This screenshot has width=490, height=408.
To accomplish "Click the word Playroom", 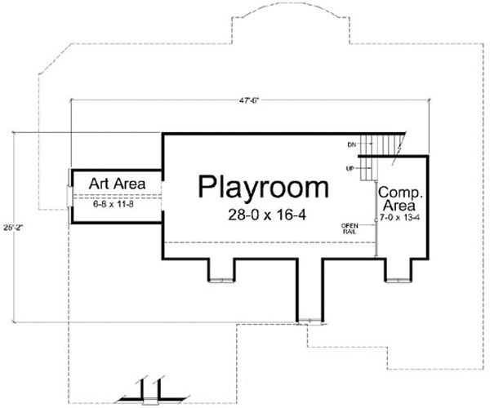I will pos(264,188).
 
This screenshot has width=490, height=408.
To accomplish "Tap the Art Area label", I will pos(118,184).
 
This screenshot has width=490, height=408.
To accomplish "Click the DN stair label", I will pos(352,144).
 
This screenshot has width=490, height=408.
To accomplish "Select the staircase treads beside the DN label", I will pos(380,145).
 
